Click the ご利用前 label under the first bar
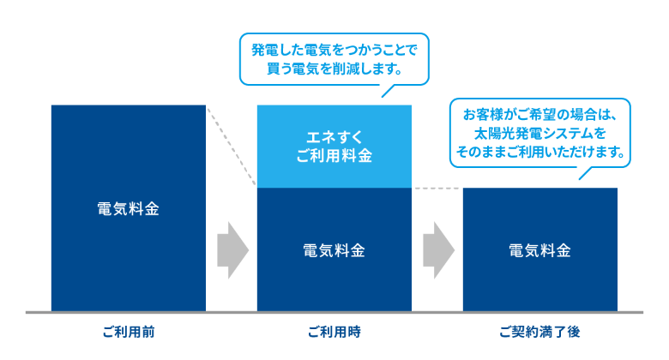128,331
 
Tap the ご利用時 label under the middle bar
334,331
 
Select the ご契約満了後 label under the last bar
539,331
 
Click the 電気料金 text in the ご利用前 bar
128,208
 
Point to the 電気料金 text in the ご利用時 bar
334,250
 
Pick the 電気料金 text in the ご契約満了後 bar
539,250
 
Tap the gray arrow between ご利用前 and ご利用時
231,249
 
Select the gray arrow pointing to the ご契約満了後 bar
437,249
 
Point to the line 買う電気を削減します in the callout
334,66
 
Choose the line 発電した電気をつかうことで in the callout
334,47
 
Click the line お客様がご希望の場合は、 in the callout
539,116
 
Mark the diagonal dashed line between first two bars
232,147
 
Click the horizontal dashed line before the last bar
437,188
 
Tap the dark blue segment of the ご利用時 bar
334,274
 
